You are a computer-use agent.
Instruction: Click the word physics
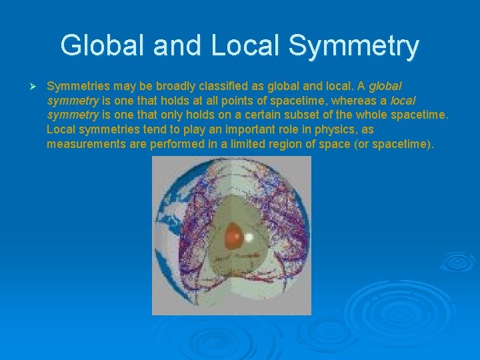point(338,129)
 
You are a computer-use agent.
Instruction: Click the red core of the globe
point(233,235)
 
